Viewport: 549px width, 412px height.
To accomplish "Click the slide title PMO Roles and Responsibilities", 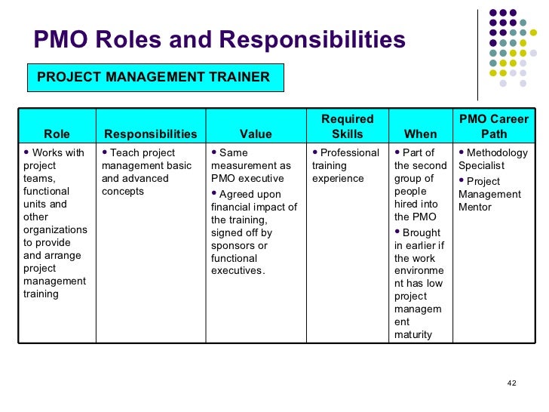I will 219,41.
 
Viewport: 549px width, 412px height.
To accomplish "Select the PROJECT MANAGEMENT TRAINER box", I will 154,77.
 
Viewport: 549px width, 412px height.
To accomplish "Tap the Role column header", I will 57,134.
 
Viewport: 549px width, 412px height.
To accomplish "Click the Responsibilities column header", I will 151,134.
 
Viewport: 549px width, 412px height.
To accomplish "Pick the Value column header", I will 256,134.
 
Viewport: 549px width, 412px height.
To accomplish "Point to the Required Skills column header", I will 348,127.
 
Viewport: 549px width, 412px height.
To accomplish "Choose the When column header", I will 420,134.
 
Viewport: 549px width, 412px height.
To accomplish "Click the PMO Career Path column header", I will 494,127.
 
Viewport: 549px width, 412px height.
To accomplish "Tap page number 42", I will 511,383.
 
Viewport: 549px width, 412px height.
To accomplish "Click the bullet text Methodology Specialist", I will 493,159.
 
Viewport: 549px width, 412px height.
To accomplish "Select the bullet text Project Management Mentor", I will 490,194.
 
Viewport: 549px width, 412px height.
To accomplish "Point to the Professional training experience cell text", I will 346,165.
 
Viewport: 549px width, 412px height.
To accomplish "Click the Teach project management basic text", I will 147,165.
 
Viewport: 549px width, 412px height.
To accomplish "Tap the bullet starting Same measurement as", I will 251,165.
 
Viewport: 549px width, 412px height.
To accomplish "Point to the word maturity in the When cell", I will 413,334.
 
